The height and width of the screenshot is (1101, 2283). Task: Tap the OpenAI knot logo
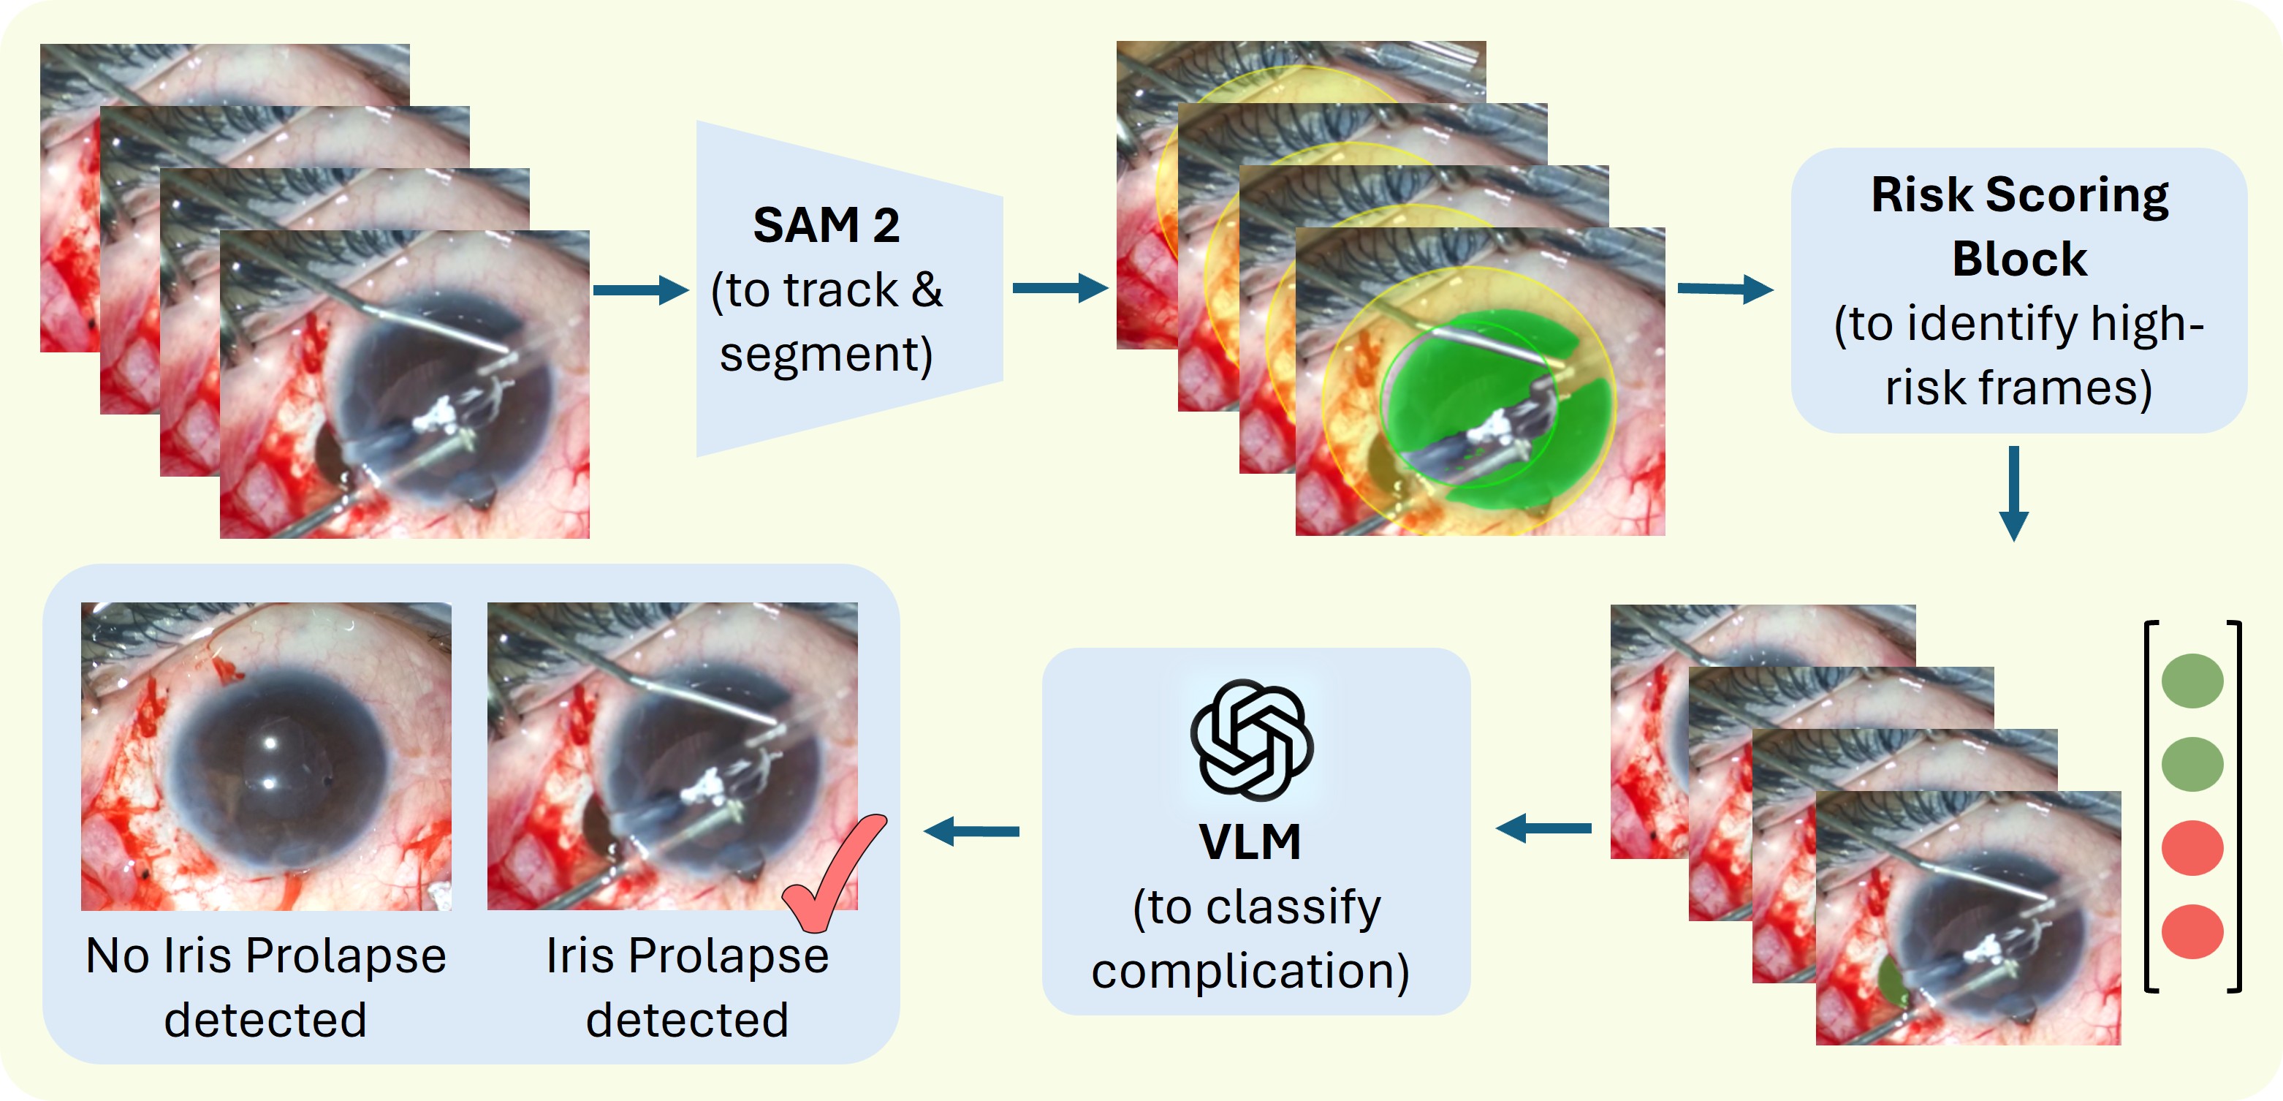[1251, 740]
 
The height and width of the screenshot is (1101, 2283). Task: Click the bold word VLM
[1250, 842]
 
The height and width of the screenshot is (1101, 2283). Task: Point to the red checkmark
[832, 873]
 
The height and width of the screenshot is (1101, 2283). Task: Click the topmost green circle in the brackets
[2192, 681]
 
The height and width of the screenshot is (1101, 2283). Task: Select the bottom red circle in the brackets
[2192, 931]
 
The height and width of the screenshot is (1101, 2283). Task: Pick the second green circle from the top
[2192, 763]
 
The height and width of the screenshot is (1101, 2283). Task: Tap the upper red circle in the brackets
[2192, 847]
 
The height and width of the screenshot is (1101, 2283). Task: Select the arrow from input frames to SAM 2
[640, 290]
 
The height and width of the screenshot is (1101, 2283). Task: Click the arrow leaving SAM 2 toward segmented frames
[1059, 288]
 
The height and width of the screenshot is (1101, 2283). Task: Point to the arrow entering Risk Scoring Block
[1725, 289]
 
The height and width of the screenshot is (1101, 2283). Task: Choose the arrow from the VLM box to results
[971, 831]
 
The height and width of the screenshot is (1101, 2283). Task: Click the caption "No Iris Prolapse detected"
[266, 987]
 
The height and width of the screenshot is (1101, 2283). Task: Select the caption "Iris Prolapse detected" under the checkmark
[687, 987]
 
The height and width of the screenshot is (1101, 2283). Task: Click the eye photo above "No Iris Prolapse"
[266, 756]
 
